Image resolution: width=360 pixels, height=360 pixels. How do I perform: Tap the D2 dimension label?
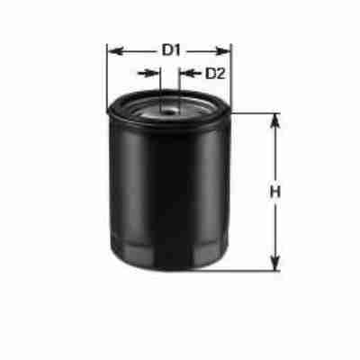(214, 73)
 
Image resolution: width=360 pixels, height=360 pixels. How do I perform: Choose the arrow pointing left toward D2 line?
(185, 73)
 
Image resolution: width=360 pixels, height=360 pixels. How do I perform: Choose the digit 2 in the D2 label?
(220, 73)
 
